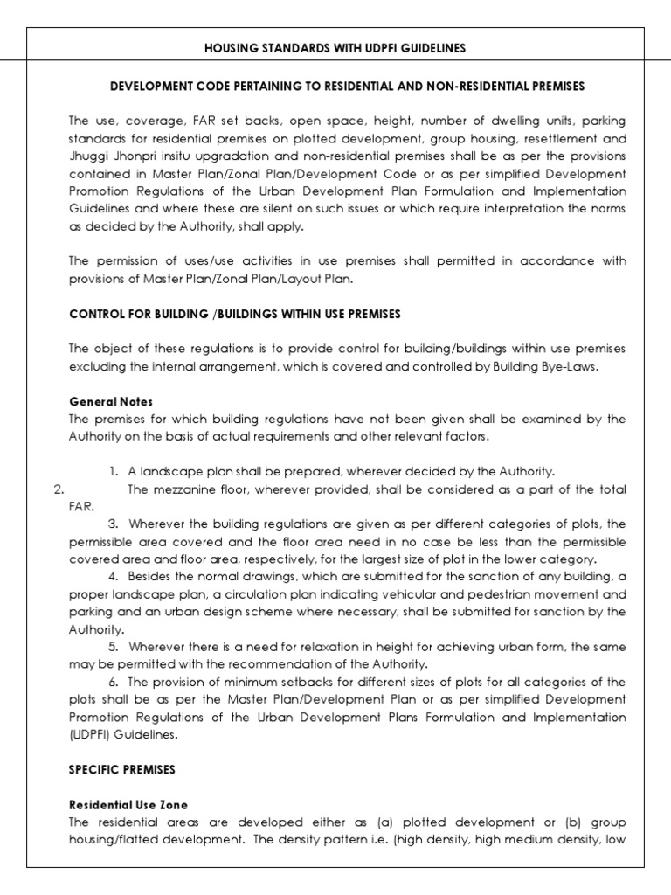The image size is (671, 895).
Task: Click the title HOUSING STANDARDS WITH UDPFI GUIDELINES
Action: tap(335, 49)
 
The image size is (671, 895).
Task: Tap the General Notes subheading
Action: tap(111, 402)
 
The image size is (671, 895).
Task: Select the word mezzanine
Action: tap(188, 489)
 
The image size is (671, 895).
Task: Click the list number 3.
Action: tap(114, 524)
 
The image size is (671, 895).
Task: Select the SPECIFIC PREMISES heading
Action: tap(122, 770)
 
